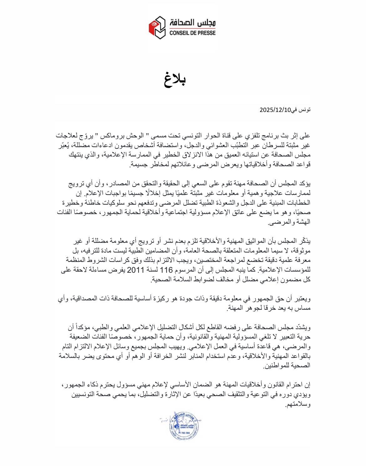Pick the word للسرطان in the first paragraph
tap(272, 145)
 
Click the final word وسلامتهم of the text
tap(299, 404)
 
